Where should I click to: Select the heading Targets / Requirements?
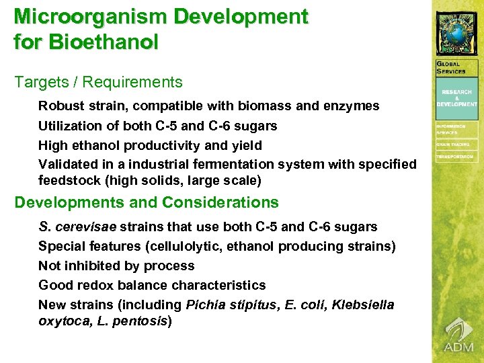click(98, 83)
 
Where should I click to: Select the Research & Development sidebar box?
click(457, 98)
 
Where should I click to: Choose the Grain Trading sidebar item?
click(453, 145)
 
